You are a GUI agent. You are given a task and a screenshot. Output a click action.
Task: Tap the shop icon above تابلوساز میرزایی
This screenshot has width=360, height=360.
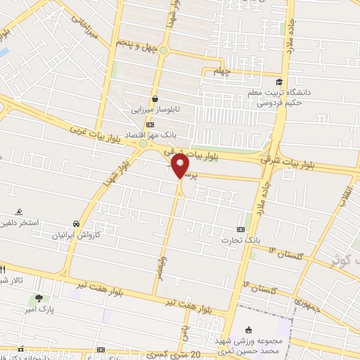pos(155,99)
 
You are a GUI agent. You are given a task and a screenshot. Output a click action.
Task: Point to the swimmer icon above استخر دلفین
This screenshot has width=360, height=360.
pos(19,212)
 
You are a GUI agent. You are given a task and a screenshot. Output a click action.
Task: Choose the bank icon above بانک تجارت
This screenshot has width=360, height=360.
pos(241,229)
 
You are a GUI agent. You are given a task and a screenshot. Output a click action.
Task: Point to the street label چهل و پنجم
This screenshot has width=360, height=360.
pos(135,51)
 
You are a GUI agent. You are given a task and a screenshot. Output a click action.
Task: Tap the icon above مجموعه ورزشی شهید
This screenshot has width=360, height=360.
pos(247,328)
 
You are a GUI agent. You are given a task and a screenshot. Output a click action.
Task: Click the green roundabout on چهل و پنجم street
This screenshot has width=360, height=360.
pos(164,50)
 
